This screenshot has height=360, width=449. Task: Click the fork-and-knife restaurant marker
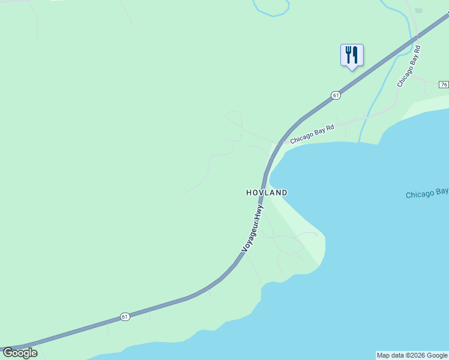(352, 55)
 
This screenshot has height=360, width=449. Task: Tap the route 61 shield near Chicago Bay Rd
(335, 95)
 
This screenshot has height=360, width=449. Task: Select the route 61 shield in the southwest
(124, 316)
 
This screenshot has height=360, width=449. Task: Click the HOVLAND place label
(267, 193)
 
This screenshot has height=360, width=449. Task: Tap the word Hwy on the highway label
(259, 213)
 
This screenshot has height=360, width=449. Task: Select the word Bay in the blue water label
(442, 191)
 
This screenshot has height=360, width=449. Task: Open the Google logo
(20, 353)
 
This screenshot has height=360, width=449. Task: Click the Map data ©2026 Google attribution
(412, 355)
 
